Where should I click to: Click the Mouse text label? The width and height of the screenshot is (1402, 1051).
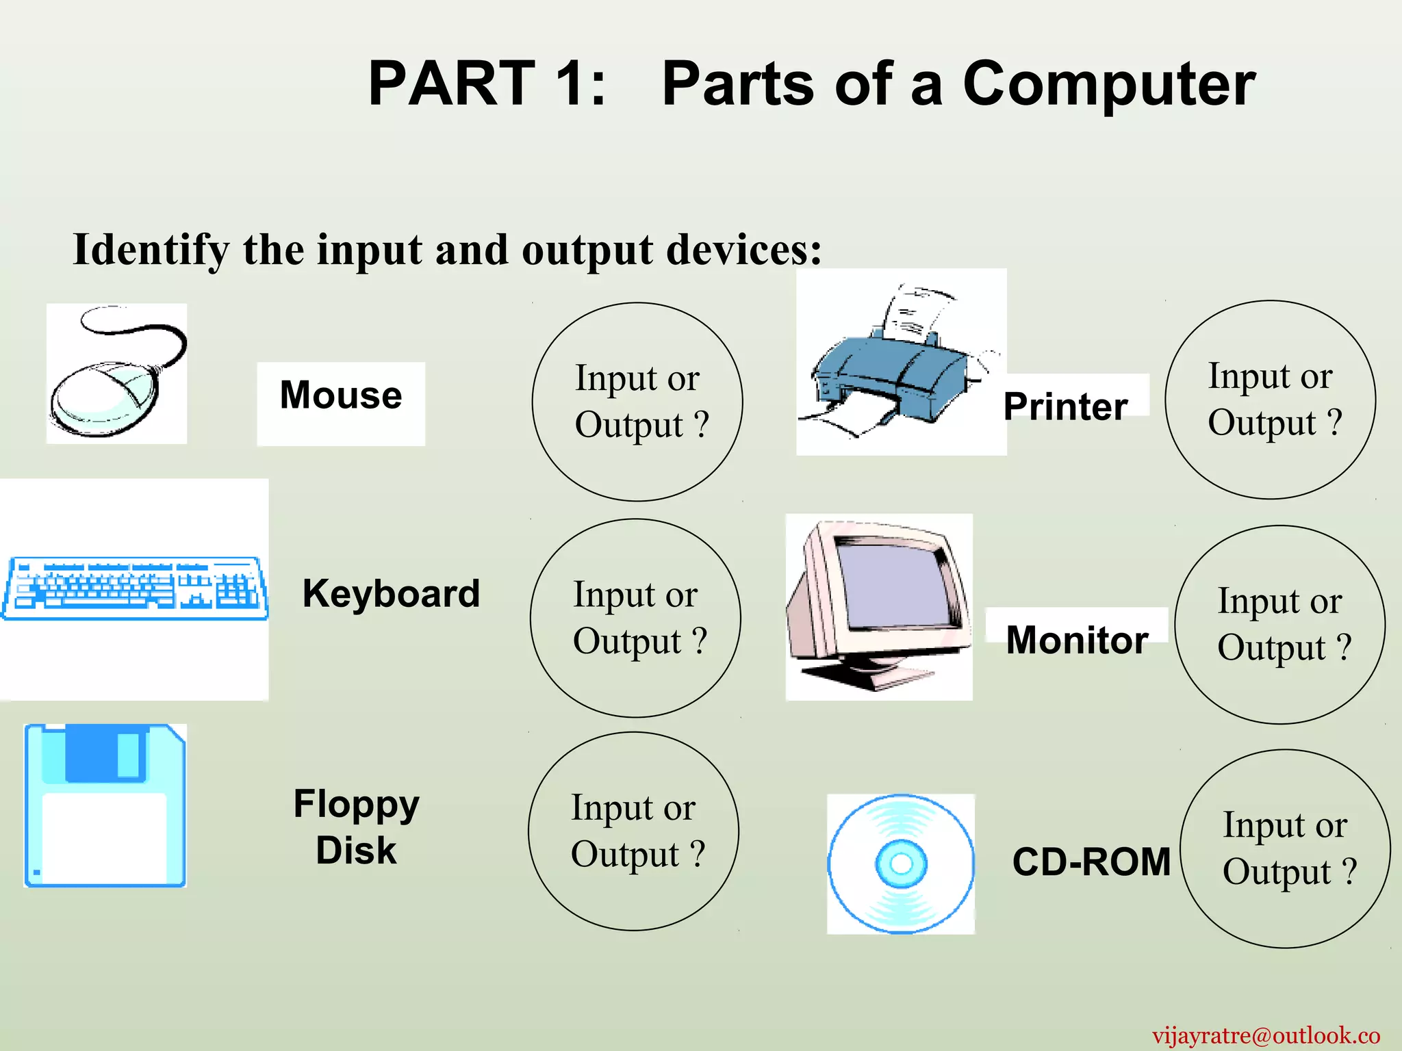[x=341, y=395]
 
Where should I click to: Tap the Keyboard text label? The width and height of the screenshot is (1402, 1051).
[x=391, y=593]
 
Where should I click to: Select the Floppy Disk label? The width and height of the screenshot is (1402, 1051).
[x=356, y=827]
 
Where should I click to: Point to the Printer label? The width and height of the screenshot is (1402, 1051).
[x=1065, y=406]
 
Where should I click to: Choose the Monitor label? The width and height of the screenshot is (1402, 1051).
[x=1077, y=640]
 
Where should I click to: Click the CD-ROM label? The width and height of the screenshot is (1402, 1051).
[x=1091, y=861]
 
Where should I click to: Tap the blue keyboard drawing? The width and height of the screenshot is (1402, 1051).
[x=134, y=588]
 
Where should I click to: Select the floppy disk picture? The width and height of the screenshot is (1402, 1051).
[x=105, y=805]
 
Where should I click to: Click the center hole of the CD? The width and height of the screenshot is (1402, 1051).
[x=901, y=864]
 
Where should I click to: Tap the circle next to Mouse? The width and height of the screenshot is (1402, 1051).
[x=637, y=402]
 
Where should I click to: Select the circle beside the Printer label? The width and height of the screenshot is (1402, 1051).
[x=1270, y=400]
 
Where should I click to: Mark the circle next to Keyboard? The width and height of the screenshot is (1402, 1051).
[x=635, y=618]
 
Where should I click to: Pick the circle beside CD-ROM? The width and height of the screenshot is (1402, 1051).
[x=1285, y=848]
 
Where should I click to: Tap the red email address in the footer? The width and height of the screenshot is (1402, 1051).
[x=1266, y=1035]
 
